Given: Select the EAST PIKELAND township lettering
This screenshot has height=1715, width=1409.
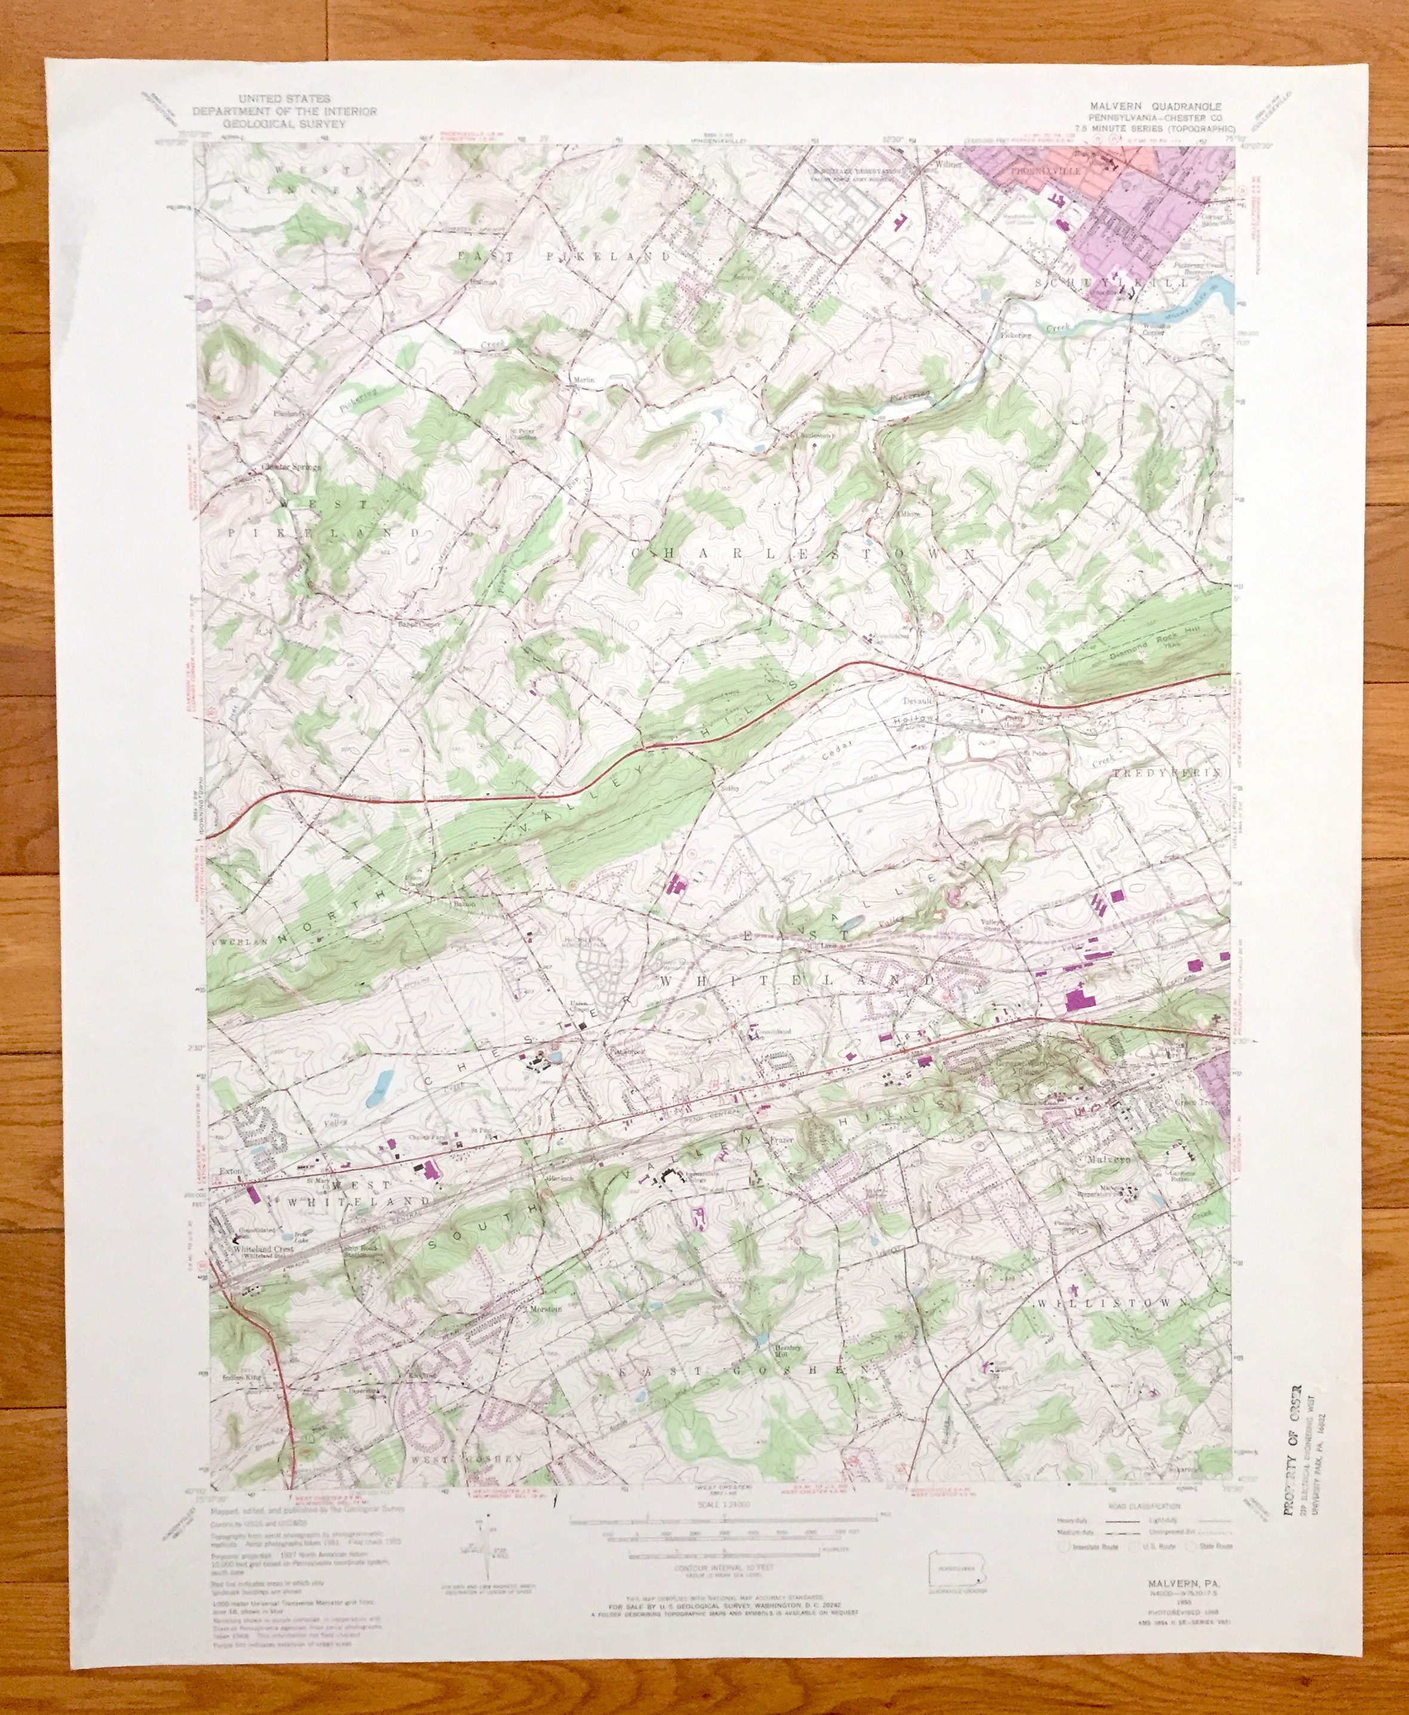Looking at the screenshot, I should coord(566,257).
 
